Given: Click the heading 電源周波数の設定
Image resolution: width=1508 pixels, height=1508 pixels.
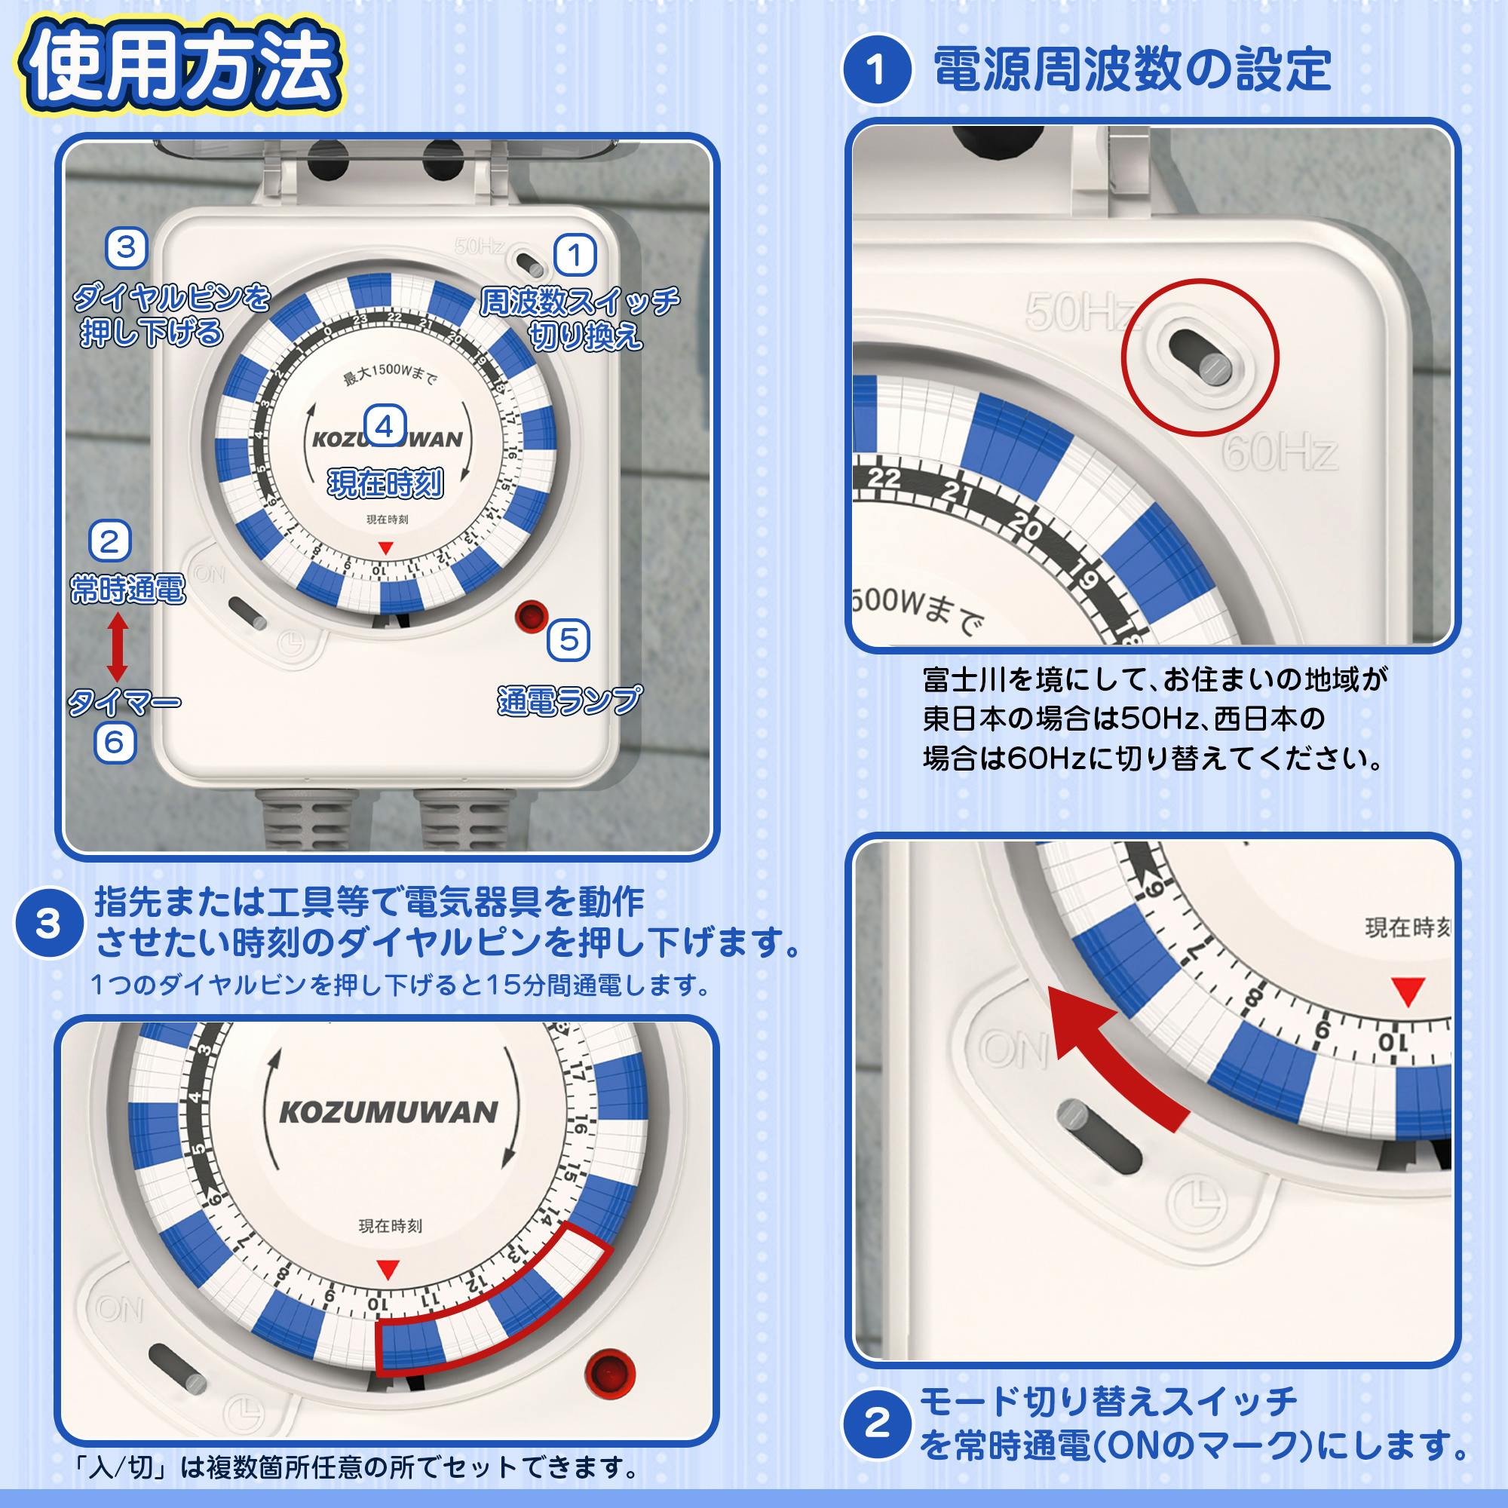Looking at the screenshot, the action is (1132, 69).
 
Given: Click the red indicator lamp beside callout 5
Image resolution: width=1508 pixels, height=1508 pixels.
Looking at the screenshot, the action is (532, 616).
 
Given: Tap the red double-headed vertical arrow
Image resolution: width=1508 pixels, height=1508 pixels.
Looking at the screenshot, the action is (117, 647).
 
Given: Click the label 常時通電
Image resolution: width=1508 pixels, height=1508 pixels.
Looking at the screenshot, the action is (128, 589).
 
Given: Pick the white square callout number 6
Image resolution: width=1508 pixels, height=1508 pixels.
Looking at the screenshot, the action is (115, 742).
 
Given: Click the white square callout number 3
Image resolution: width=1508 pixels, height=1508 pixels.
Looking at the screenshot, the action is (127, 248).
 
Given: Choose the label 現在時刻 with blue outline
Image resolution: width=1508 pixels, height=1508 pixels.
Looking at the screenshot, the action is (385, 484).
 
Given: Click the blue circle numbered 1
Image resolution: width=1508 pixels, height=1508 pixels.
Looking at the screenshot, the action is (877, 69).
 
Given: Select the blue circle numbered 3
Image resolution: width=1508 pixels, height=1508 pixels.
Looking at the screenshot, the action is (49, 925).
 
